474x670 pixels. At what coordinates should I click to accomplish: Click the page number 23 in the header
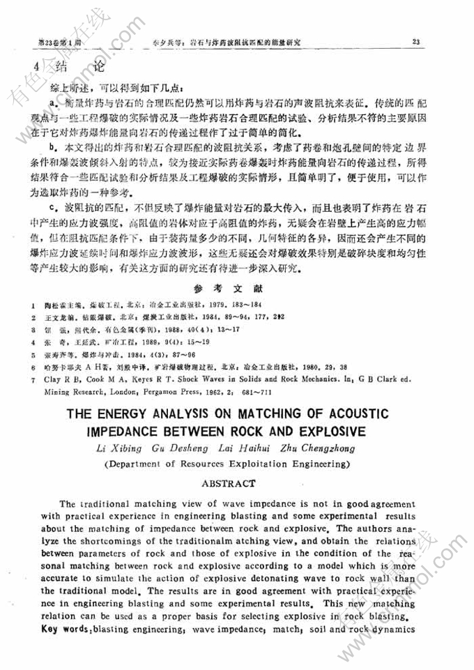(x=415, y=42)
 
